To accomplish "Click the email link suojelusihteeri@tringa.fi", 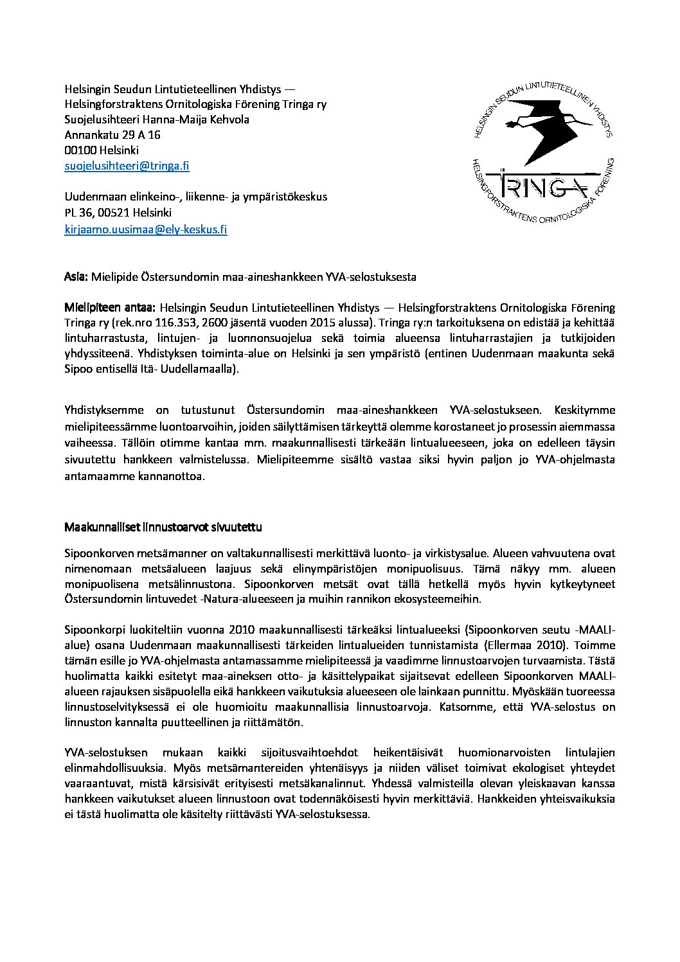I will click(127, 166).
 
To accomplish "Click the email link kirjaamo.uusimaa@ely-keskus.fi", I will click(146, 228).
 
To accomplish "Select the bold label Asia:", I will click(76, 277).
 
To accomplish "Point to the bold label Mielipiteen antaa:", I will click(110, 308).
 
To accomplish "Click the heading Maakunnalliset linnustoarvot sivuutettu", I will click(163, 527).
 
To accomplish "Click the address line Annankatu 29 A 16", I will click(112, 135).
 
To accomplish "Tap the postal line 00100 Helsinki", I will click(102, 150).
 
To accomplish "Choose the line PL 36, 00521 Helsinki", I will click(118, 212).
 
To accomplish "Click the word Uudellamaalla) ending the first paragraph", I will click(202, 369).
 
